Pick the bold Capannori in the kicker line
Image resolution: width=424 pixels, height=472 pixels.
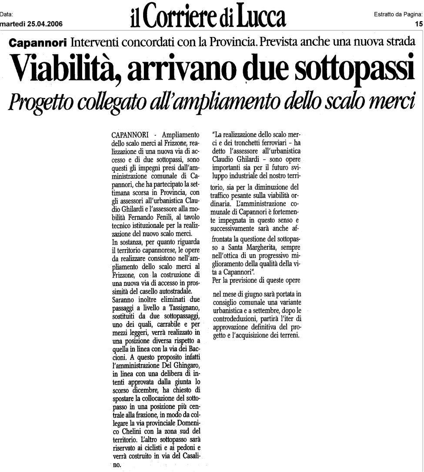click(39, 43)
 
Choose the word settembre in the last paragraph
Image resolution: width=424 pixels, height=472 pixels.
click(275, 311)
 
